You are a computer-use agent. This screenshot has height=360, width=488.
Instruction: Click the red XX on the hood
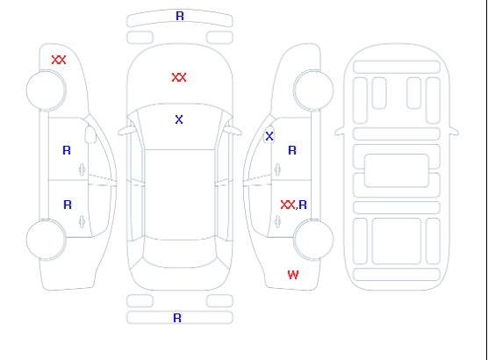(179, 77)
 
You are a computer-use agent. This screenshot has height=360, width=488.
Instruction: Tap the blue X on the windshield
(179, 119)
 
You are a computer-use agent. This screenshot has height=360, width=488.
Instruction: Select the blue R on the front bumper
(180, 16)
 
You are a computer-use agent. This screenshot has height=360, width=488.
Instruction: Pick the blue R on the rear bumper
(177, 318)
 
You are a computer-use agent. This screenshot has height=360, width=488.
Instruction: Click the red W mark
(293, 275)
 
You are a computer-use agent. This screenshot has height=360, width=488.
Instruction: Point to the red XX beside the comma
(288, 205)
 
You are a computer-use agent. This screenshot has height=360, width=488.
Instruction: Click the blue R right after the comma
(303, 205)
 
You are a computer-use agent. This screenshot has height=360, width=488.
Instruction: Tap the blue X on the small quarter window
(269, 136)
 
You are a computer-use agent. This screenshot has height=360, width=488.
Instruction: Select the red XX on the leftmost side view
(59, 60)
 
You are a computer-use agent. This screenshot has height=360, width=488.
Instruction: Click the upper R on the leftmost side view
(67, 150)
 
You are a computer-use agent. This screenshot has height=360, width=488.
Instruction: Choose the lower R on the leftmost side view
(68, 205)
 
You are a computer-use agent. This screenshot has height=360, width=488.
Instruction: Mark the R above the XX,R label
(292, 150)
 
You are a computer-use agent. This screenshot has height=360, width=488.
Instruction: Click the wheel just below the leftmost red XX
(46, 90)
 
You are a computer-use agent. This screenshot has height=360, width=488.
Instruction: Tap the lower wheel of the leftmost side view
(46, 240)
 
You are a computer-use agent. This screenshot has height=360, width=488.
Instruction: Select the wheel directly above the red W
(313, 239)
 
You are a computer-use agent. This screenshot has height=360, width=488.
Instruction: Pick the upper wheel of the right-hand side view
(313, 90)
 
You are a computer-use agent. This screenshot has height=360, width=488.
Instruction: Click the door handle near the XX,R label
(277, 222)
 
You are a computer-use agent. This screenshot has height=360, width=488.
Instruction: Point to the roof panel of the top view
(180, 195)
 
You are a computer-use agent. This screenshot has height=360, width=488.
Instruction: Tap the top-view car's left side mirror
(126, 131)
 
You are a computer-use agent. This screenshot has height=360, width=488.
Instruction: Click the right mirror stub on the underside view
(454, 131)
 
